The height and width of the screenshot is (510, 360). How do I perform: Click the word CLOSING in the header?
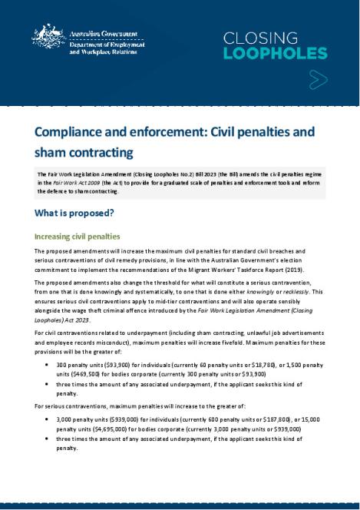click(260, 38)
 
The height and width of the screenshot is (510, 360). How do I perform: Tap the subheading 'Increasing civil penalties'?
click(77, 237)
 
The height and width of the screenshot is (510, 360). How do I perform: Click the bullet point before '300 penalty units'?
click(48, 363)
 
